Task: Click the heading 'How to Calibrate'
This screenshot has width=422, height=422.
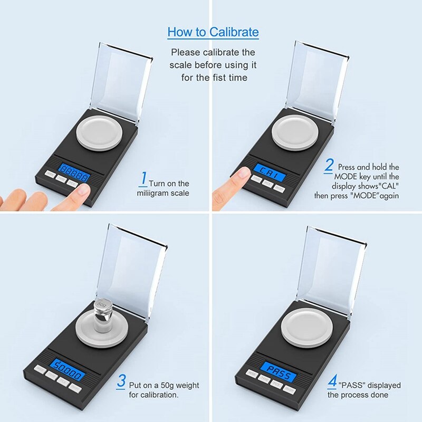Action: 213,32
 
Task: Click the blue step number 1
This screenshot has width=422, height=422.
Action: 143,178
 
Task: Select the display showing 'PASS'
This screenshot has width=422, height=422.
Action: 277,369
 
